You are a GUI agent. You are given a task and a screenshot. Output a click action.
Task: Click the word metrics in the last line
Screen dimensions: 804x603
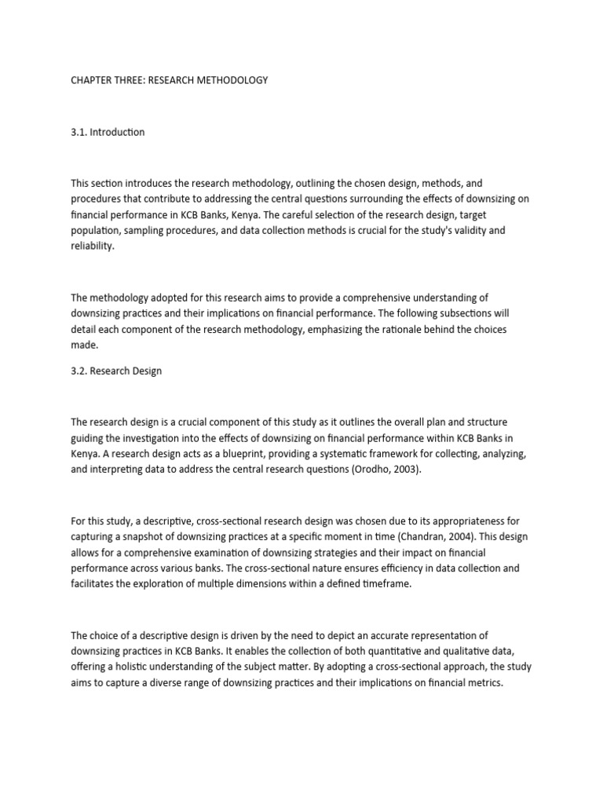tap(482, 682)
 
